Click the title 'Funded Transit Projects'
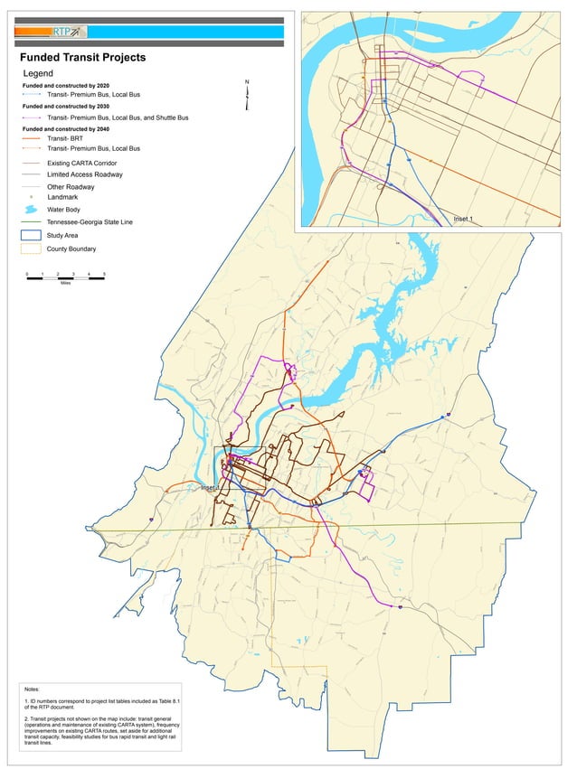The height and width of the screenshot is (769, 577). coord(83,58)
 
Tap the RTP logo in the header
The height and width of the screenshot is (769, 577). coord(66,32)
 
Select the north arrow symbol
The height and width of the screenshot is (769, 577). coord(247,90)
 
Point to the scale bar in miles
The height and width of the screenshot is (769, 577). coord(65,277)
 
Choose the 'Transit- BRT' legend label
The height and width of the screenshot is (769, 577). coord(67,138)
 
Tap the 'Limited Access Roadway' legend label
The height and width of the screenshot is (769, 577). coord(85,174)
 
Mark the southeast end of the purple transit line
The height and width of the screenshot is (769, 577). coord(400,607)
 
